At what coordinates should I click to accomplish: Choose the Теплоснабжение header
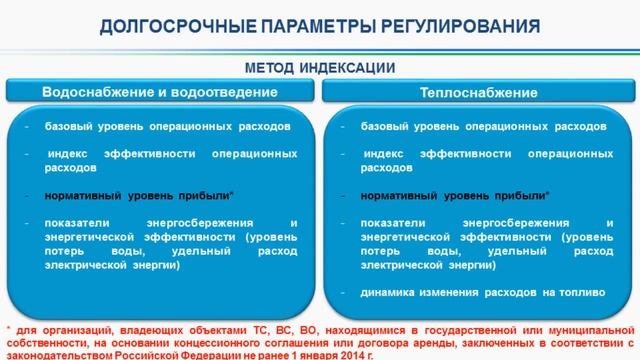click(x=478, y=92)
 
